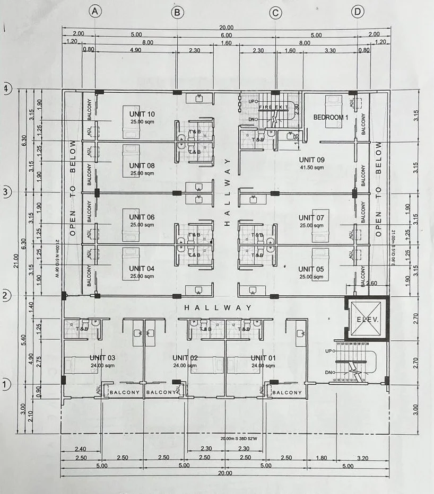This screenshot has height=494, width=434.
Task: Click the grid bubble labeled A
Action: point(94,12)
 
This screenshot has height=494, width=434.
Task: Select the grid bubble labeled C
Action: point(275,13)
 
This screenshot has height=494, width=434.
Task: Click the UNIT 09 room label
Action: point(311,160)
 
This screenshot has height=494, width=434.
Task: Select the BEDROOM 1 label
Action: point(331,117)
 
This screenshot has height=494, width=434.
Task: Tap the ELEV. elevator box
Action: point(367,319)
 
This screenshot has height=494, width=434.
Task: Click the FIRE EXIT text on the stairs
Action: point(272,108)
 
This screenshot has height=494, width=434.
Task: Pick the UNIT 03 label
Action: point(102,358)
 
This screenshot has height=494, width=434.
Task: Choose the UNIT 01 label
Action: point(264,358)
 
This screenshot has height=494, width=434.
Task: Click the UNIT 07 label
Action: point(311,217)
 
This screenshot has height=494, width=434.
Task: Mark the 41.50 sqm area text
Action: point(311,167)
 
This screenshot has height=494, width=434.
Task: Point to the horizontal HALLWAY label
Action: point(217,307)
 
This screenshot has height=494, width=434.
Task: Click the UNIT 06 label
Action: point(142,217)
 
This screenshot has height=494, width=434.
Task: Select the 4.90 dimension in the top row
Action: point(135,50)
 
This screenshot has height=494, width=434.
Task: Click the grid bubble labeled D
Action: point(359,12)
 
